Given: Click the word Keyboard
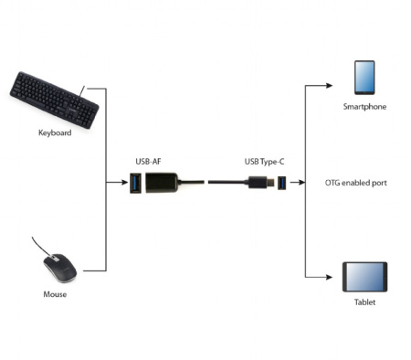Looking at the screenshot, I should [55, 132].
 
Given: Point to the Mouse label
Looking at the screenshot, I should [55, 294].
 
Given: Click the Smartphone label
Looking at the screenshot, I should [364, 107].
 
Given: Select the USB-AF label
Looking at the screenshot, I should [148, 162].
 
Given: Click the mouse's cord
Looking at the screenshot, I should [37, 245].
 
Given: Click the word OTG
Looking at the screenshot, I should [332, 183].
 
